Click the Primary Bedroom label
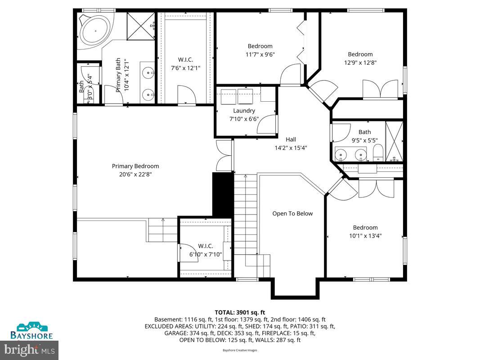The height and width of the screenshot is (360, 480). pos(135,166)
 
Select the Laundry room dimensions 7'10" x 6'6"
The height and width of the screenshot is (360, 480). pos(244,119)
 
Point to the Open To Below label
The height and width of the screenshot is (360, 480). pos(292,213)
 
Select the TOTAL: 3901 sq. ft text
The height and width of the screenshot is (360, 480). pos(240,312)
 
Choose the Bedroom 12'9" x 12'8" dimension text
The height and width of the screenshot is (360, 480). pos(360,63)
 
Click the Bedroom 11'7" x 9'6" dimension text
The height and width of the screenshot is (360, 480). pos(260,54)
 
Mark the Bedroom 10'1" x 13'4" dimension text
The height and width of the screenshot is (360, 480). pos(365,235)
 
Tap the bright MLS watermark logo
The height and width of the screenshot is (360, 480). pos(30,349)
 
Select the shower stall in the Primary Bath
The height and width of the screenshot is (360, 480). pos(140,27)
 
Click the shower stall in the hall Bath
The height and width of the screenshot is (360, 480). pos(395,141)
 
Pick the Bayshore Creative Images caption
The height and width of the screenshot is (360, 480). pos(240,350)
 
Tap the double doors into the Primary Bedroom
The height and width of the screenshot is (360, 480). pos(224,155)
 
